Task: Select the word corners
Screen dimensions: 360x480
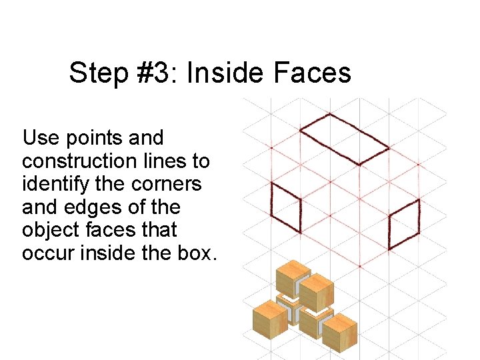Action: click(x=166, y=185)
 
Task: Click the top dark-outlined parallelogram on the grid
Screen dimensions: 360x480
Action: click(x=345, y=139)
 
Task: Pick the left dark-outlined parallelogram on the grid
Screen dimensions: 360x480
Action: click(x=286, y=207)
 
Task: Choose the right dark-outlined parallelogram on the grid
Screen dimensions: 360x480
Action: click(x=404, y=223)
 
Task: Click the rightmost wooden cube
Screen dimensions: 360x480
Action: click(x=340, y=332)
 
